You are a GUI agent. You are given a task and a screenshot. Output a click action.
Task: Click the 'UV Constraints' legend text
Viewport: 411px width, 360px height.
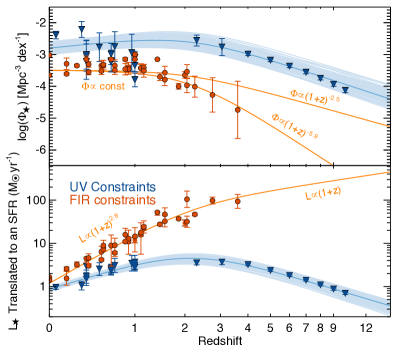(112, 187)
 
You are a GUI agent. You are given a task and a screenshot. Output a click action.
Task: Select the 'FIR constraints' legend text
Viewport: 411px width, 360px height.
(112, 200)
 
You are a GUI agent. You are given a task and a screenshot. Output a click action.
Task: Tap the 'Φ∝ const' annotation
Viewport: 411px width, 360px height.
(102, 86)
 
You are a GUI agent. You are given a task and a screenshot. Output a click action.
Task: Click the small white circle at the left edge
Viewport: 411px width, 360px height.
(15, 178)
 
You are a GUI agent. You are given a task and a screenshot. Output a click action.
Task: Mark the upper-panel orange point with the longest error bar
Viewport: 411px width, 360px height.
(238, 110)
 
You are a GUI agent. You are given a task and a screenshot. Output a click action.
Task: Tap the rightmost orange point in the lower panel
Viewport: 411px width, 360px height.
(238, 198)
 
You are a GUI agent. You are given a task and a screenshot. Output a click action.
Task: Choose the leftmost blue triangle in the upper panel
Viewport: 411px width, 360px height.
(55, 35)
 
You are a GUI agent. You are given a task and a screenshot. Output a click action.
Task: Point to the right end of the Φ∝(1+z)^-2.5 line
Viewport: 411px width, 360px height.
(389, 126)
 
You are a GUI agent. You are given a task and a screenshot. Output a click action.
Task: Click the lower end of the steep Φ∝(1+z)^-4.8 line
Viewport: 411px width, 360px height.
(333, 163)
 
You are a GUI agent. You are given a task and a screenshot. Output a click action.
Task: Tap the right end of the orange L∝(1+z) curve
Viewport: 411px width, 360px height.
(389, 172)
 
